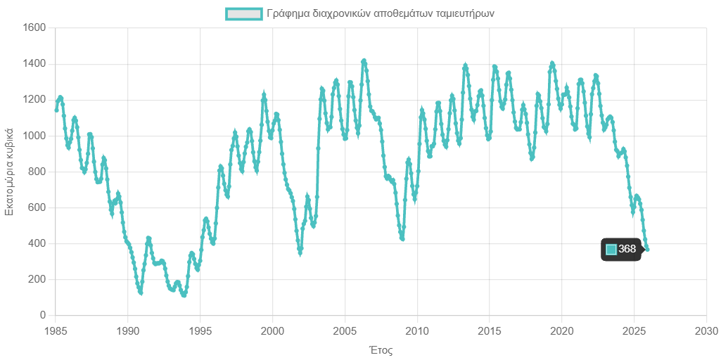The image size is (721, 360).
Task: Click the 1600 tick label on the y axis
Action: pyautogui.click(x=34, y=27)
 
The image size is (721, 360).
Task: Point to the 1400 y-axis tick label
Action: pyautogui.click(x=34, y=63)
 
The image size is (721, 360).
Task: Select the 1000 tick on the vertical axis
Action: pyautogui.click(x=34, y=135)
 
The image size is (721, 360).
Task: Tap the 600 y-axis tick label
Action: pyautogui.click(x=37, y=207)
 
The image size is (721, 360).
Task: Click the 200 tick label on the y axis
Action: pyautogui.click(x=37, y=279)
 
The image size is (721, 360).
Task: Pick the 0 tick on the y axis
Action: pyautogui.click(x=42, y=315)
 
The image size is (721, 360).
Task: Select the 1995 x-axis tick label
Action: pyautogui.click(x=200, y=330)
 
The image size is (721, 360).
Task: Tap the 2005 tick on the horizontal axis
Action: pyautogui.click(x=345, y=330)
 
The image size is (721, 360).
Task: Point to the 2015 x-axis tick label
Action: pyautogui.click(x=490, y=330)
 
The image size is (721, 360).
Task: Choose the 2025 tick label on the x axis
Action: pyautogui.click(x=634, y=330)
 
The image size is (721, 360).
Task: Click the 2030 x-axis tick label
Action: pyautogui.click(x=706, y=330)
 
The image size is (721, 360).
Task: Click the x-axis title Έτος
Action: pyautogui.click(x=380, y=349)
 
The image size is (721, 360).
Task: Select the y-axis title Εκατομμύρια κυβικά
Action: pyautogui.click(x=10, y=172)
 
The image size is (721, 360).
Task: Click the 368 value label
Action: pyautogui.click(x=627, y=249)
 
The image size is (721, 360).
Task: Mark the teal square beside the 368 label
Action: pyautogui.click(x=611, y=250)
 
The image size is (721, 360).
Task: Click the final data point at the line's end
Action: pyautogui.click(x=647, y=249)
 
